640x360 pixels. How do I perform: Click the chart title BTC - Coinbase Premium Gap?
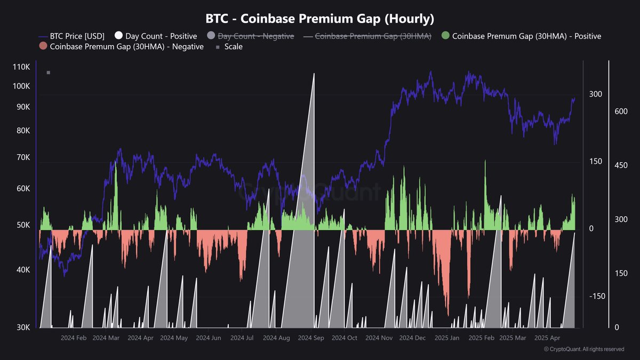320,19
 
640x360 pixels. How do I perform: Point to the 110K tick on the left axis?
22,67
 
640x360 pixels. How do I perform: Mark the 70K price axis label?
23,157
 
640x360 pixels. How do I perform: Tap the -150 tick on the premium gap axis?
597,297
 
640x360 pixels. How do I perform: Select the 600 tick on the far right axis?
620,111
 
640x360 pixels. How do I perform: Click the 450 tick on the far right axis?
620,165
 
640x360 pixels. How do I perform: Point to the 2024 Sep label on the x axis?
311,338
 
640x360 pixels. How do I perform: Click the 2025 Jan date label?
447,338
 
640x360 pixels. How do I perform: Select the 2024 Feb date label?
74,338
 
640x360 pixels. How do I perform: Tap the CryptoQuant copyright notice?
584,349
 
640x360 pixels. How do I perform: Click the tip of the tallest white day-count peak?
314,74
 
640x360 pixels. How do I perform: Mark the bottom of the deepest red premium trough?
448,316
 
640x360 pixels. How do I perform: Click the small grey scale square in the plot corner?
49,73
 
